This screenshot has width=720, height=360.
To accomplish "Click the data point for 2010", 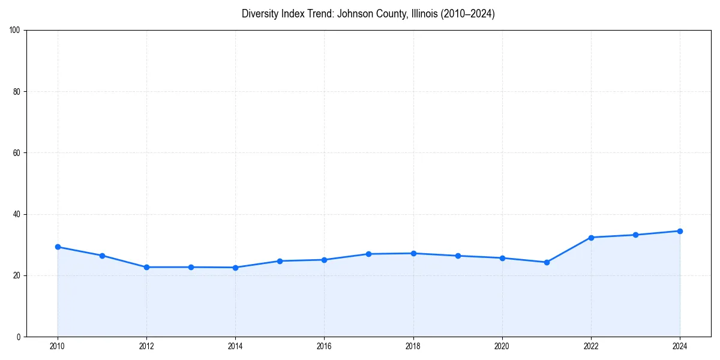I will click(x=58, y=247).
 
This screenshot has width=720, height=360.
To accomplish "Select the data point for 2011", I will click(x=102, y=256).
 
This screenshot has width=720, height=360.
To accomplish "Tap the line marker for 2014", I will click(x=235, y=268).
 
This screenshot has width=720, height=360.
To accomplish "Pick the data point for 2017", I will click(x=368, y=254).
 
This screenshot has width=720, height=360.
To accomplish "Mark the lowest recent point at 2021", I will click(x=547, y=262).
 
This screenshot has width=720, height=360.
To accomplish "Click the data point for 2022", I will click(x=591, y=238).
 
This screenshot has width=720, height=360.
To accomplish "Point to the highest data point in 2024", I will click(x=680, y=231).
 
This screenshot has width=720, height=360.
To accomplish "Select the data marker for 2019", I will click(x=458, y=256).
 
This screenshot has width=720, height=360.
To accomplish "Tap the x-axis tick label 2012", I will click(x=146, y=346).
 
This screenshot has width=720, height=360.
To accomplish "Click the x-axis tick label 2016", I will click(x=324, y=346).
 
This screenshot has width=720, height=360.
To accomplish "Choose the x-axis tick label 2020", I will click(x=502, y=346).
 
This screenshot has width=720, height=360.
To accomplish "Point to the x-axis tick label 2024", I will click(x=680, y=346).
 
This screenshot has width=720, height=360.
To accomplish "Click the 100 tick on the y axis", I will click(x=15, y=31).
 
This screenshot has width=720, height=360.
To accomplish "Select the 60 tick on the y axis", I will click(x=17, y=153).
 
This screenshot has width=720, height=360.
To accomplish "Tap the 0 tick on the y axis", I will click(x=19, y=337).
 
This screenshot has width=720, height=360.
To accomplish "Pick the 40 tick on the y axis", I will click(x=17, y=214).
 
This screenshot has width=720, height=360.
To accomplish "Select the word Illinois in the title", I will click(x=422, y=14).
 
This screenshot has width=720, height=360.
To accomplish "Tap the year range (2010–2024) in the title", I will click(x=468, y=14).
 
